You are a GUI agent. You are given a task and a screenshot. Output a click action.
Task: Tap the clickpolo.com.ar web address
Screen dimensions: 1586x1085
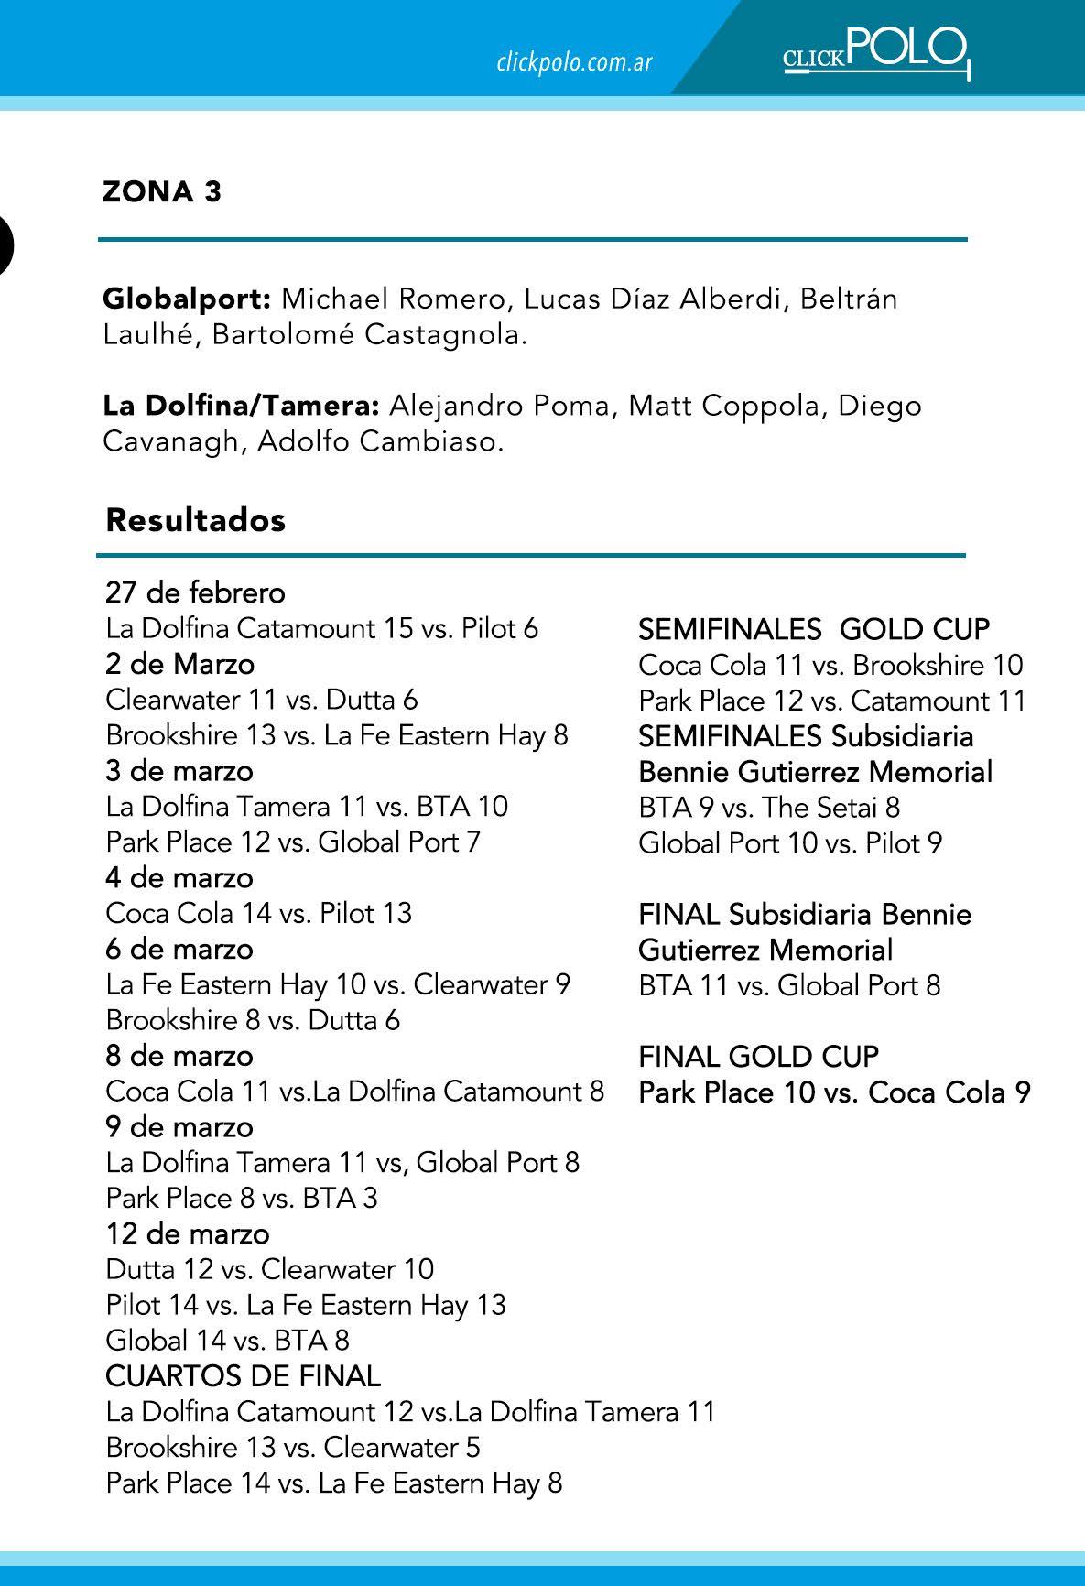(x=574, y=62)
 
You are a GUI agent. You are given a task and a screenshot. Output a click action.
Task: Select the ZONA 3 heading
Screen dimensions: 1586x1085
(x=162, y=192)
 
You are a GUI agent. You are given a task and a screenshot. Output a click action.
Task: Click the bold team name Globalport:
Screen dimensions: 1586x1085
(x=187, y=299)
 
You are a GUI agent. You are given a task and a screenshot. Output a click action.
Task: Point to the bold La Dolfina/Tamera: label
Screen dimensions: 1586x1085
(x=241, y=407)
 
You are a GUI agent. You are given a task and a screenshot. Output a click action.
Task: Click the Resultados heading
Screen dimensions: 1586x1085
(x=196, y=520)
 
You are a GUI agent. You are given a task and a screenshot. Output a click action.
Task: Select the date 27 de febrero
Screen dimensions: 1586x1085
(x=195, y=593)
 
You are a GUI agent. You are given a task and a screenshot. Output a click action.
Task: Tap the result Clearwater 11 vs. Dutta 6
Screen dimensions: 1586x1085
(x=262, y=701)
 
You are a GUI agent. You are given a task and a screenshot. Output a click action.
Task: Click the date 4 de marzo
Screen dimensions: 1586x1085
(x=179, y=878)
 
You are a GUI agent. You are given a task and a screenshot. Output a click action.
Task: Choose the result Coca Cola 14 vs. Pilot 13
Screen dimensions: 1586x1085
(x=259, y=914)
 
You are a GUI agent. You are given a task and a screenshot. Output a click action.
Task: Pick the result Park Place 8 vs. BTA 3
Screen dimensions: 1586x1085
(x=242, y=1199)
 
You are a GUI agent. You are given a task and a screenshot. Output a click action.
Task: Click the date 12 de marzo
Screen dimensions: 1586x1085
(x=188, y=1234)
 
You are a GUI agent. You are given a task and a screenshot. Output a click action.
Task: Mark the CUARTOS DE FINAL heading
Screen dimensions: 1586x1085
(x=244, y=1376)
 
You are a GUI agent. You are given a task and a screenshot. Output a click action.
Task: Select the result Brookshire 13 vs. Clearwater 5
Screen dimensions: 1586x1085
(x=293, y=1448)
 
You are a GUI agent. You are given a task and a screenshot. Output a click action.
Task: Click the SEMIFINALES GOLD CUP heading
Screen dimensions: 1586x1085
(x=814, y=630)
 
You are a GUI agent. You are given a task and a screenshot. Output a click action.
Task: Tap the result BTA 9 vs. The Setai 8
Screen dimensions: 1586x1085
(x=769, y=808)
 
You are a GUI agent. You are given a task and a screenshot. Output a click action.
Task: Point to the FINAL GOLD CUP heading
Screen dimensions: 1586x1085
(x=758, y=1057)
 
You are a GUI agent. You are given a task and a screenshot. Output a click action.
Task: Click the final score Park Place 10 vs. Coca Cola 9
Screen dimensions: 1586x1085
(x=834, y=1092)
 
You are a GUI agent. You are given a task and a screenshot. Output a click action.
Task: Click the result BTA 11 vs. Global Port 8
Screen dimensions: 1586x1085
(x=789, y=986)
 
